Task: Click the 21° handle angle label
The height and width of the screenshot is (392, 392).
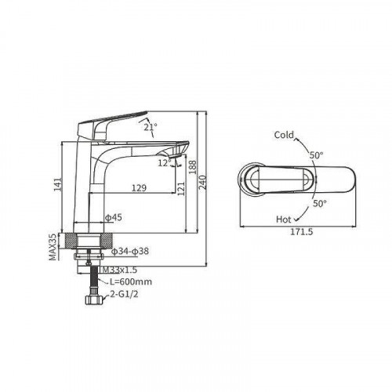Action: click(x=151, y=127)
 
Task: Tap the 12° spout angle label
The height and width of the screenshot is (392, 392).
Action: click(x=165, y=163)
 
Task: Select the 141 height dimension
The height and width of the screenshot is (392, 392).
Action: click(x=58, y=184)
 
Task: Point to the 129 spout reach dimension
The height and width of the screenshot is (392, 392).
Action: click(x=139, y=187)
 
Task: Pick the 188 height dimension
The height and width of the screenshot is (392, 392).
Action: click(x=192, y=167)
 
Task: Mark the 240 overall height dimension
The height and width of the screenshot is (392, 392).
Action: click(x=202, y=183)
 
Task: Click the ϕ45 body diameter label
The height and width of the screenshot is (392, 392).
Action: click(x=114, y=217)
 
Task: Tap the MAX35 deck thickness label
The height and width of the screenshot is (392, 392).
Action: click(x=53, y=247)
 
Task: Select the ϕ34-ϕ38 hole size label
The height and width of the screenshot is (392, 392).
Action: click(x=130, y=251)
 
